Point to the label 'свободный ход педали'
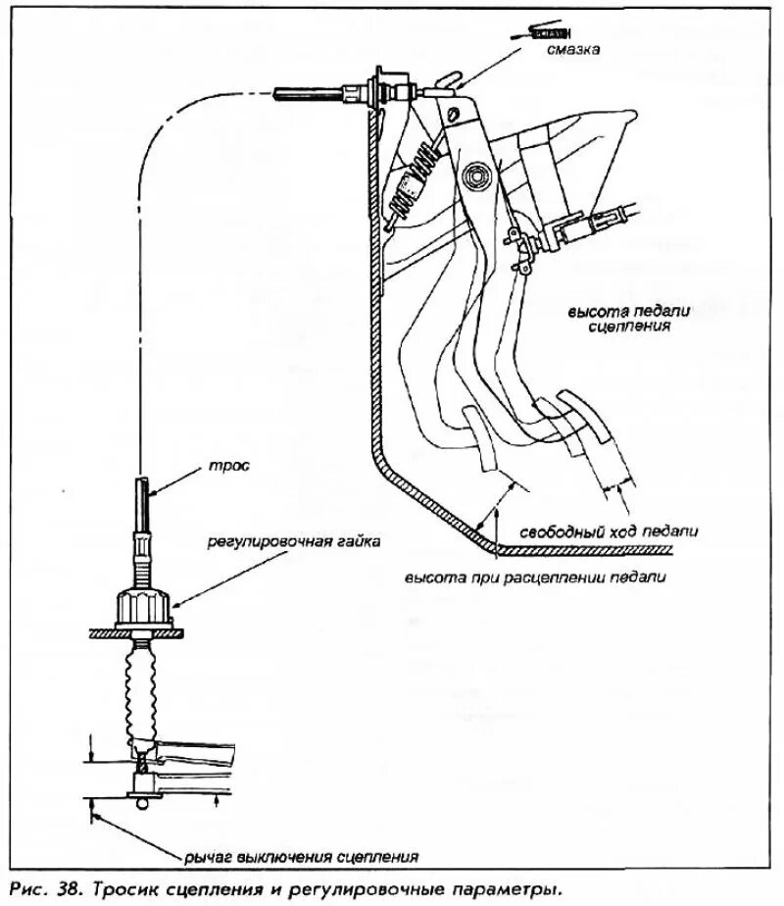point(622,530)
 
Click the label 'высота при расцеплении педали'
point(536,579)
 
